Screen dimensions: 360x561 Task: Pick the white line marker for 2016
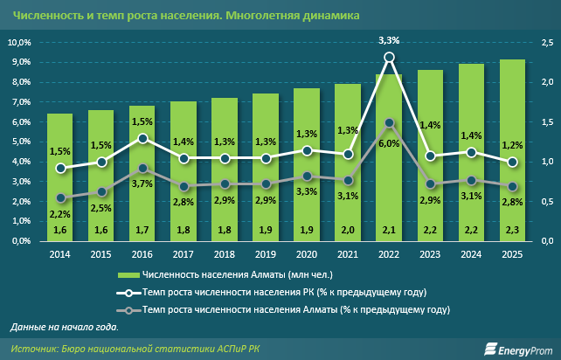pos(142,138)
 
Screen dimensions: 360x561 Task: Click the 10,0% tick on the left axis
pos(19,43)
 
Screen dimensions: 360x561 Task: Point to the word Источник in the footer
pos(35,349)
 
